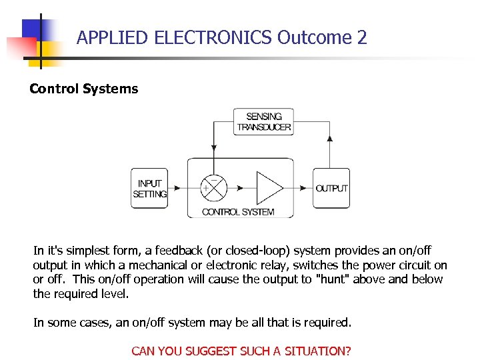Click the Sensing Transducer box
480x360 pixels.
263,122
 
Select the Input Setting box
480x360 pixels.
149,189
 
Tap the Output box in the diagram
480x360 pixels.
331,189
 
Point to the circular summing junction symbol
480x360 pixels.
214,188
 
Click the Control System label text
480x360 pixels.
238,212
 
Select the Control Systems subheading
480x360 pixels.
84,89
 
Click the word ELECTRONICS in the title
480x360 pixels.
213,37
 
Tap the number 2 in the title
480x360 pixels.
362,37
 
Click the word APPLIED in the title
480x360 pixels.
112,37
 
